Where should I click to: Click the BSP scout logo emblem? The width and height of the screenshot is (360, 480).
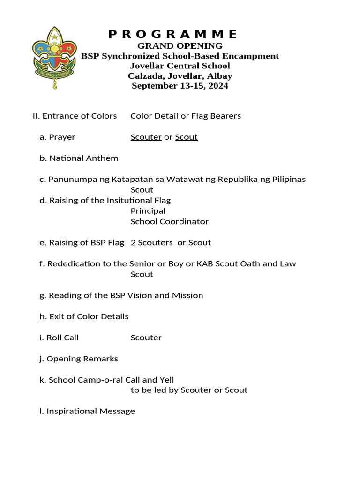click(x=54, y=59)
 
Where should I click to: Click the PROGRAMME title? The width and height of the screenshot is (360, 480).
click(x=173, y=34)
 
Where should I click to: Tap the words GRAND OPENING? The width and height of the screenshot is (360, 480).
click(x=180, y=46)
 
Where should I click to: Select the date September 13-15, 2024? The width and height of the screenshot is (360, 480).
click(x=180, y=86)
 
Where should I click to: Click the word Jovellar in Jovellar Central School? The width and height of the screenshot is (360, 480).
click(x=148, y=66)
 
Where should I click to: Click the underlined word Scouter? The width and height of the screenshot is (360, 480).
click(x=146, y=137)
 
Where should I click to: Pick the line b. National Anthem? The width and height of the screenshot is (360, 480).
click(x=79, y=158)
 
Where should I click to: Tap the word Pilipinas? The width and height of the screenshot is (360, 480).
click(x=288, y=180)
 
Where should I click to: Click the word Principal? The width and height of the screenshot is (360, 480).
click(x=148, y=211)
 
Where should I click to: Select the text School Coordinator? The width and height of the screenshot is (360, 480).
click(x=169, y=222)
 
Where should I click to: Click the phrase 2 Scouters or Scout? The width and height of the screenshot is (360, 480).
click(x=171, y=243)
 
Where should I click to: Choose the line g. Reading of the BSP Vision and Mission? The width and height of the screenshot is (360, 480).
click(x=121, y=296)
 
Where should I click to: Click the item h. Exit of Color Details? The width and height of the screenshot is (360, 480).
click(x=84, y=317)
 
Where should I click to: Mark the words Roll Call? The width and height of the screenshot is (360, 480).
click(x=62, y=338)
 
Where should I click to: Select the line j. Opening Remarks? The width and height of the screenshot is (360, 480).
click(x=79, y=359)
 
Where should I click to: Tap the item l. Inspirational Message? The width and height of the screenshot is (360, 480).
click(x=87, y=412)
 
